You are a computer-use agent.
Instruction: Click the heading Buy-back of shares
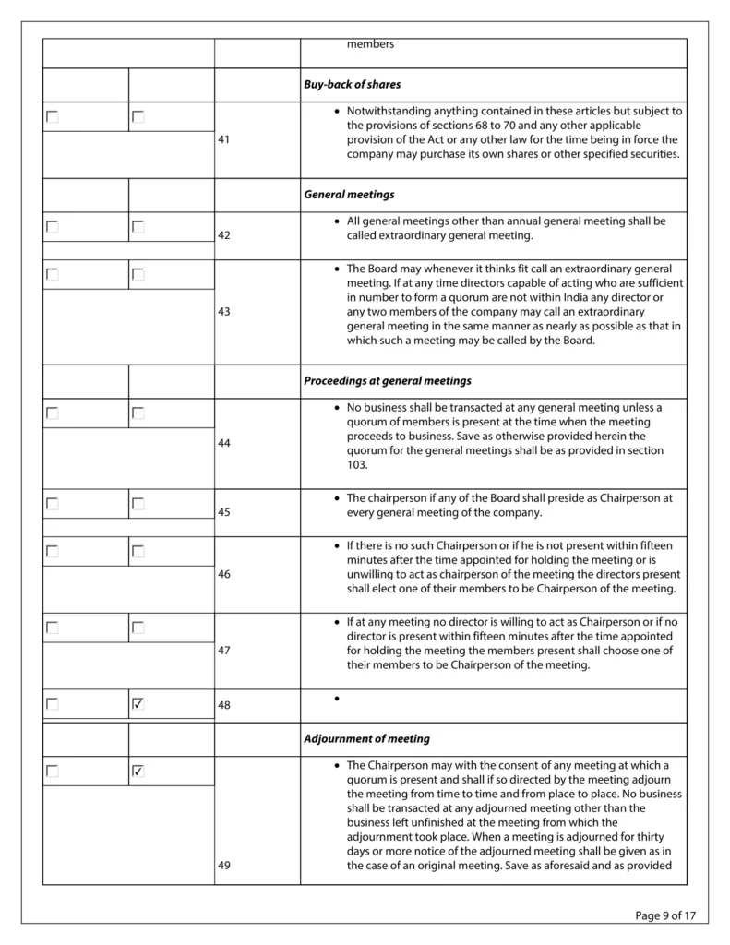[352, 84]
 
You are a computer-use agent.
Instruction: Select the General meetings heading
[349, 195]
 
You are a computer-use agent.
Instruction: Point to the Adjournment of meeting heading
[366, 738]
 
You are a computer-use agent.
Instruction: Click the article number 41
[224, 139]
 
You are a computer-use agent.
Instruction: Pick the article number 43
[224, 312]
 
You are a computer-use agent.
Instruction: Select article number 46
[224, 574]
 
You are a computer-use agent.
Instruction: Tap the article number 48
[224, 705]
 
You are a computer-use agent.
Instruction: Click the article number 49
[224, 866]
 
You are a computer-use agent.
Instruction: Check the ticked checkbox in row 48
[138, 704]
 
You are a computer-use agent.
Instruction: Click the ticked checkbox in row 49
[138, 771]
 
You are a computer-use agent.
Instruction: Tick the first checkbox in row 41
[53, 117]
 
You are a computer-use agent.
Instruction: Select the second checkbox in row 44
[138, 413]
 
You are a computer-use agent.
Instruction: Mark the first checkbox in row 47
[53, 628]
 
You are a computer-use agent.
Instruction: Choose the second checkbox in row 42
[138, 226]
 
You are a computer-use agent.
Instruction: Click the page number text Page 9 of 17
[665, 915]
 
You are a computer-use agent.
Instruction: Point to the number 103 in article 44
[356, 465]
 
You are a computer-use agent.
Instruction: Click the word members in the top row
[370, 44]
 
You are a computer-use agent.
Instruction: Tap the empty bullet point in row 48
[338, 699]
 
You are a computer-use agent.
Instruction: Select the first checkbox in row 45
[53, 504]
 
